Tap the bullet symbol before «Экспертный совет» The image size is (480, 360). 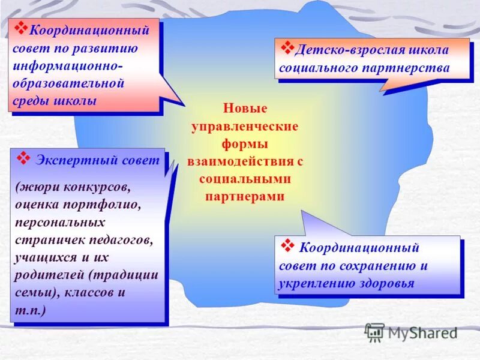pyautogui.click(x=23, y=158)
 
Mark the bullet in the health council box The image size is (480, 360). pyautogui.click(x=287, y=246)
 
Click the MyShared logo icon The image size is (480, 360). pyautogui.click(x=374, y=332)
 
